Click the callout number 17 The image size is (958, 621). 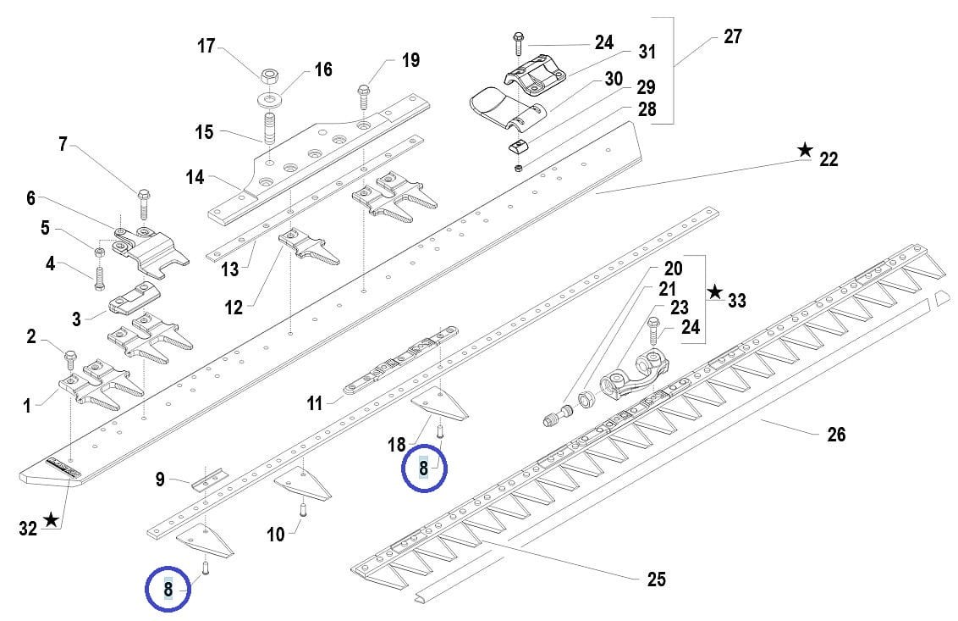206,46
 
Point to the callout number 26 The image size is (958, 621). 836,435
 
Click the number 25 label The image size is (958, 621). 656,579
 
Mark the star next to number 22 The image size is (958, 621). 805,151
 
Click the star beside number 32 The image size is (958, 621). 52,519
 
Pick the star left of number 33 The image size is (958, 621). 715,292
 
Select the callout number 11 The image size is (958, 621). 315,403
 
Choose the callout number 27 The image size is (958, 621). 733,36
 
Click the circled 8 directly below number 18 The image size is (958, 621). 423,469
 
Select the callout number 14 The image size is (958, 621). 195,177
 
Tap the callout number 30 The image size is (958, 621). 614,80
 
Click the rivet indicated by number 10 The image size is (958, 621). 301,511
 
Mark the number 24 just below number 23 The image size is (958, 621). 691,327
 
